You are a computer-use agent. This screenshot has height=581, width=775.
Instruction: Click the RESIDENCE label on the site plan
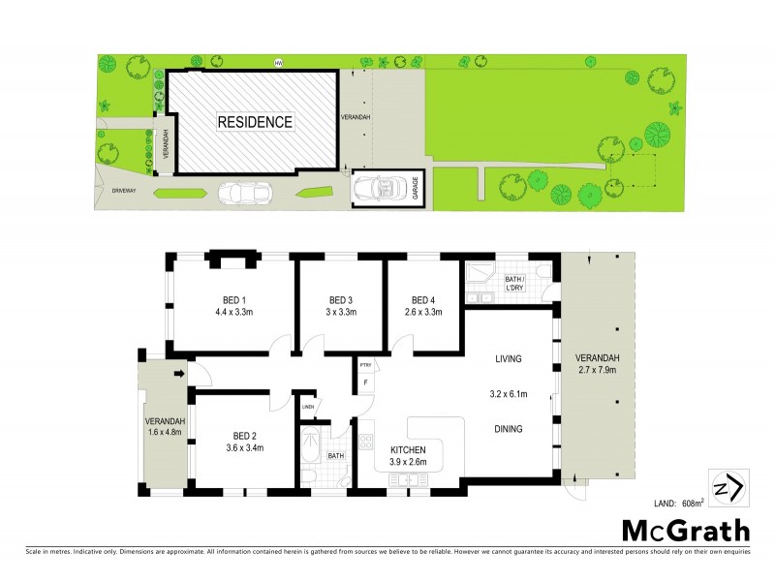tap(254, 123)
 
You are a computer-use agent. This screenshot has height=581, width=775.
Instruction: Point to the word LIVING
tap(508, 358)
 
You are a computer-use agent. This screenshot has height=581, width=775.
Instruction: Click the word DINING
tap(508, 428)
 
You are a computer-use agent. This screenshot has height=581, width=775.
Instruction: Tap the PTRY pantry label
tap(365, 365)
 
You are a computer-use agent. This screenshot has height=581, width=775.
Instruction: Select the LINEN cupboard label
tap(308, 407)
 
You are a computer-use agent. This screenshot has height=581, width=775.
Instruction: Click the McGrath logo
tap(685, 530)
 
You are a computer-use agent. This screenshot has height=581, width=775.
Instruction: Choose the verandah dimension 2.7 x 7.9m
tap(597, 370)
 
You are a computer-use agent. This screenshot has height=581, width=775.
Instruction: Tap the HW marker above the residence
tap(279, 64)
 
